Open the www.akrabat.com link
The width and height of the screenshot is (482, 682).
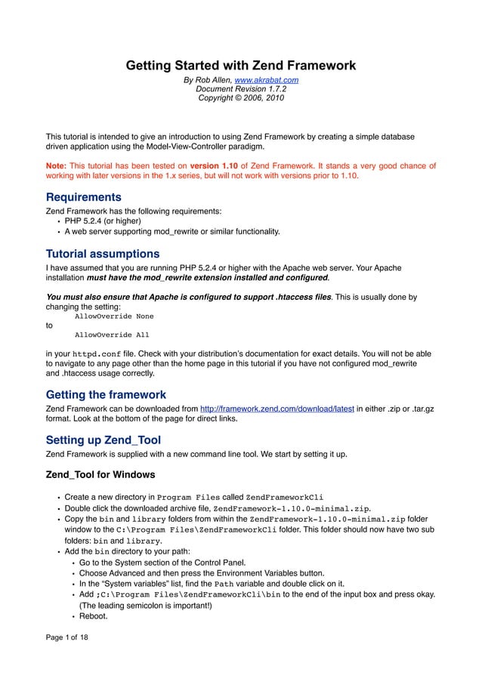[266, 79]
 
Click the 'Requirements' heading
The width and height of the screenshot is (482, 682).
[84, 197]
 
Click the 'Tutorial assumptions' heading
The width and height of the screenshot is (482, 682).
[103, 253]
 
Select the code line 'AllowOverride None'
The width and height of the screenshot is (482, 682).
[113, 316]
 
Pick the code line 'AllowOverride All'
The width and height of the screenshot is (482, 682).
[111, 334]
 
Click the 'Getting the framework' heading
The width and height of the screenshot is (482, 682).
[106, 394]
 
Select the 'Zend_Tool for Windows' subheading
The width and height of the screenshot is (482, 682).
[100, 475]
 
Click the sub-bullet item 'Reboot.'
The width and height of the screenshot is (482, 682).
[94, 616]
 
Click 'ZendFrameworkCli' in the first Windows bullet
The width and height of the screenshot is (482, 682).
[285, 497]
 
